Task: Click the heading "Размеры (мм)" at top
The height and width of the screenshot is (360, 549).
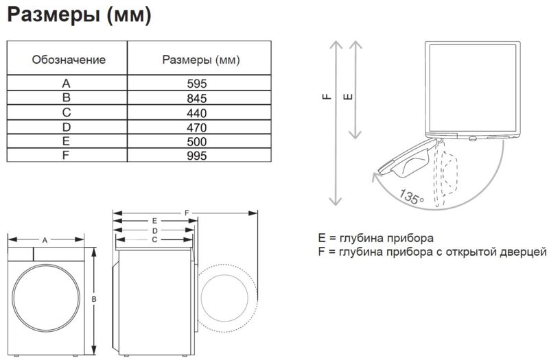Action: [x=79, y=15]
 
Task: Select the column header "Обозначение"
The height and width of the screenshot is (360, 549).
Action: [x=69, y=60]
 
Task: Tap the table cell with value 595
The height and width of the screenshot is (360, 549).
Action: [x=197, y=83]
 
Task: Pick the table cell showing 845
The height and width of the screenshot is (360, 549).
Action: [x=197, y=98]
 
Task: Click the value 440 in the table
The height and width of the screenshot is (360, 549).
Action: [x=197, y=113]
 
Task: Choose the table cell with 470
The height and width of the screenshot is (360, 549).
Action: [x=197, y=128]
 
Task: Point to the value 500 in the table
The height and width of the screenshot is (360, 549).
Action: [x=197, y=141]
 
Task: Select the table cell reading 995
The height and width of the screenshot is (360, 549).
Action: [x=197, y=156]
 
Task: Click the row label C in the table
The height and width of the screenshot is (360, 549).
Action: [x=66, y=112]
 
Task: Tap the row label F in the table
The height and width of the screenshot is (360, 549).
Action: [x=65, y=155]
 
